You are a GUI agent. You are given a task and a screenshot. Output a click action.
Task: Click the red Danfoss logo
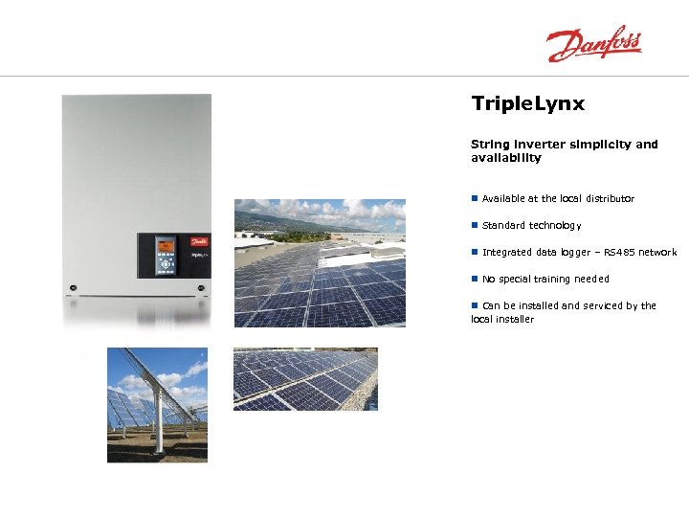point(593,44)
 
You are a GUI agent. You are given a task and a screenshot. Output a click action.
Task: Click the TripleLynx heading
point(527,103)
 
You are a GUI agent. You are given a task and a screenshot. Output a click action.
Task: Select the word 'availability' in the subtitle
point(505,158)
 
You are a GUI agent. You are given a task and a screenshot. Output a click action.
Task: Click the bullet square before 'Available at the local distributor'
point(474,198)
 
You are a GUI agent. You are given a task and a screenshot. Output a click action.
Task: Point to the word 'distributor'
point(610,199)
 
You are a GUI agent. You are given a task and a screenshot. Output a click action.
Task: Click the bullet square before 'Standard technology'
point(474,225)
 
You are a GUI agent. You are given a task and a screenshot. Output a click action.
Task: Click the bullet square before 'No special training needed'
point(474,279)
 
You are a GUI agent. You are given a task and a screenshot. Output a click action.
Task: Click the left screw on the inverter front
point(73,287)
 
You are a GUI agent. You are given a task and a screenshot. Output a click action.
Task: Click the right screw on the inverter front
point(200,287)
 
